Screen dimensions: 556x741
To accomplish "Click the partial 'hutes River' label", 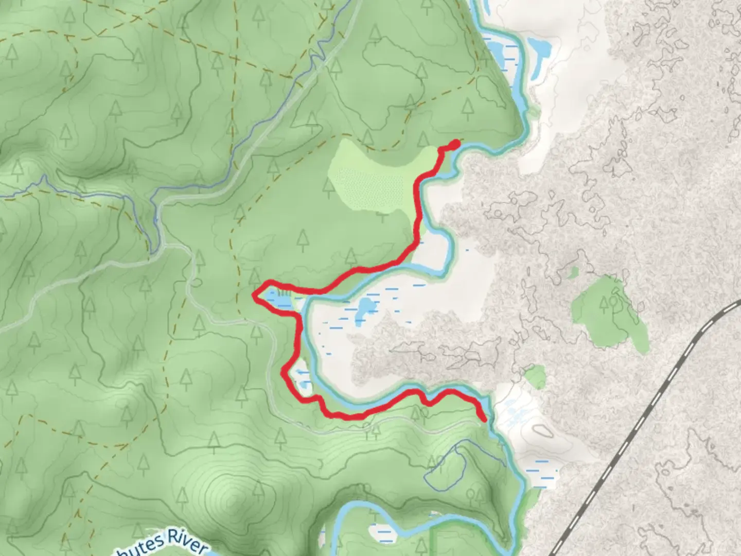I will [170, 543].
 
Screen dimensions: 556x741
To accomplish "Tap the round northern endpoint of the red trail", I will [454, 144].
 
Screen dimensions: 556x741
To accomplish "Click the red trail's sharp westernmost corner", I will [254, 294].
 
